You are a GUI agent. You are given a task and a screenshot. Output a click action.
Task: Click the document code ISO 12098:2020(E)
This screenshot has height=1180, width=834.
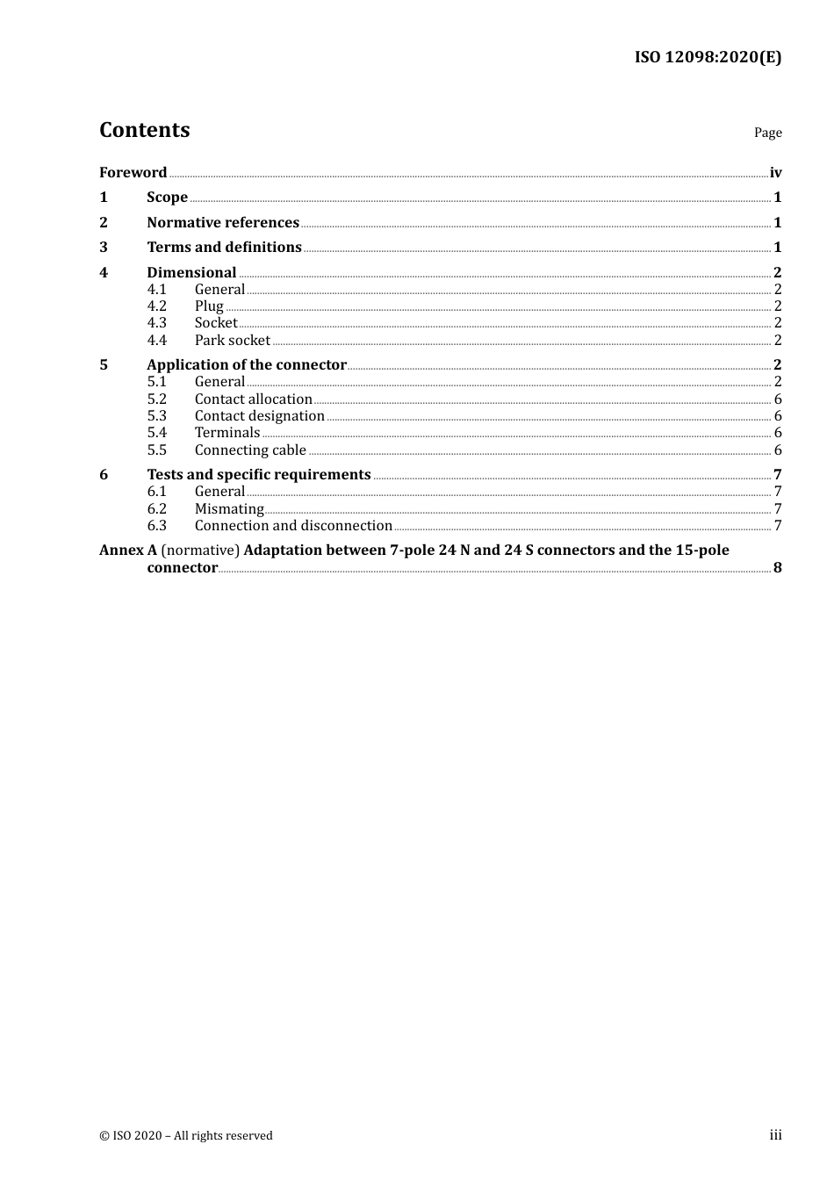pos(708,58)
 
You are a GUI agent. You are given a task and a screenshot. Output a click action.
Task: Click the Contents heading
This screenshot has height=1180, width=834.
pos(145,130)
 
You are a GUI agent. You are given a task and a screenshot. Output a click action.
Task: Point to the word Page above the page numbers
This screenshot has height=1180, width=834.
pos(767,133)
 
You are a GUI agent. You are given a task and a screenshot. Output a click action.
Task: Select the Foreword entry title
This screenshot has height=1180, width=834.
pos(133,172)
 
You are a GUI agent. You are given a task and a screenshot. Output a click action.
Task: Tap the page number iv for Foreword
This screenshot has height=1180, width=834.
pos(775,172)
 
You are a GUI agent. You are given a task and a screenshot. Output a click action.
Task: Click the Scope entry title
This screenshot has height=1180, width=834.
pos(167,198)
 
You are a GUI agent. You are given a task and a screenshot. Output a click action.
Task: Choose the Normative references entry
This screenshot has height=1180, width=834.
pos(223,223)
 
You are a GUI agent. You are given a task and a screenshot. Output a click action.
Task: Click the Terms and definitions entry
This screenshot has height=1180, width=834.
pos(224,248)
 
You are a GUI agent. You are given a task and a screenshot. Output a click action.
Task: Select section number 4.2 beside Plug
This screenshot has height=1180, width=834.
pos(156,306)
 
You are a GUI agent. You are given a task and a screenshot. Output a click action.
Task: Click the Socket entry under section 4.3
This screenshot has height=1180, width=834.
pos(216,323)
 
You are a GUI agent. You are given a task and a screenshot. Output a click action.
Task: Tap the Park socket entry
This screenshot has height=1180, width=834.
pos(233,341)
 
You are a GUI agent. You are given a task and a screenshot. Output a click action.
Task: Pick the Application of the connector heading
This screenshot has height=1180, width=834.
pos(247,365)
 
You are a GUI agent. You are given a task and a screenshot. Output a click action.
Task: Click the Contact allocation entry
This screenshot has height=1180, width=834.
pos(254,399)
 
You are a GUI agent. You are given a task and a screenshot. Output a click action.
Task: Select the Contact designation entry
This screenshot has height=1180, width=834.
pos(260,416)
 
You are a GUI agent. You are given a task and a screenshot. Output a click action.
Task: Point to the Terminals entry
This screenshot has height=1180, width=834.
pos(227,433)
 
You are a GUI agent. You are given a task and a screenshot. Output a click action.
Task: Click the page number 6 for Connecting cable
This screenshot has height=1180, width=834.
pos(778,450)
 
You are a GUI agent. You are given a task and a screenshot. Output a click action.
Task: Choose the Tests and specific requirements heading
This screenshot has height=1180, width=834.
pos(259,475)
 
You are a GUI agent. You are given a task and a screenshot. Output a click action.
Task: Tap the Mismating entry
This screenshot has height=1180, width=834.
pos(229,509)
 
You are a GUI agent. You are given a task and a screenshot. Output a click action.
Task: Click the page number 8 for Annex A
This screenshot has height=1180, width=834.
pos(778,568)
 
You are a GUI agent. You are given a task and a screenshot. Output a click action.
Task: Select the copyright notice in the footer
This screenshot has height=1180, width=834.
pos(186,1136)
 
